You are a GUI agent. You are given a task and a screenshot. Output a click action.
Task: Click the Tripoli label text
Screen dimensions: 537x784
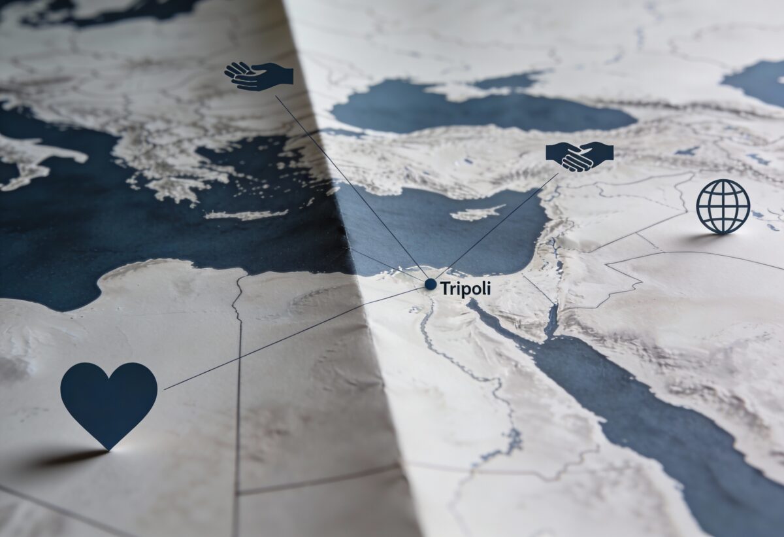pyautogui.click(x=465, y=288)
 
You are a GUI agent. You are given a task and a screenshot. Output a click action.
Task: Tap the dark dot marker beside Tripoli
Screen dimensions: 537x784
pyautogui.click(x=430, y=284)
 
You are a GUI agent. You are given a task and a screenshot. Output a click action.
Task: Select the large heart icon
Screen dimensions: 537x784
pyautogui.click(x=108, y=401)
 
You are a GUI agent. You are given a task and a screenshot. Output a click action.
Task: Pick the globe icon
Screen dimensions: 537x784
pyautogui.click(x=723, y=206)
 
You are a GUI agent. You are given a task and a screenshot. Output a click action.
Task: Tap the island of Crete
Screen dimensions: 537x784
pyautogui.click(x=245, y=215)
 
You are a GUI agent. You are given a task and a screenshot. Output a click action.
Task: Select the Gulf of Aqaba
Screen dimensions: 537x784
pyautogui.click(x=552, y=320)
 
